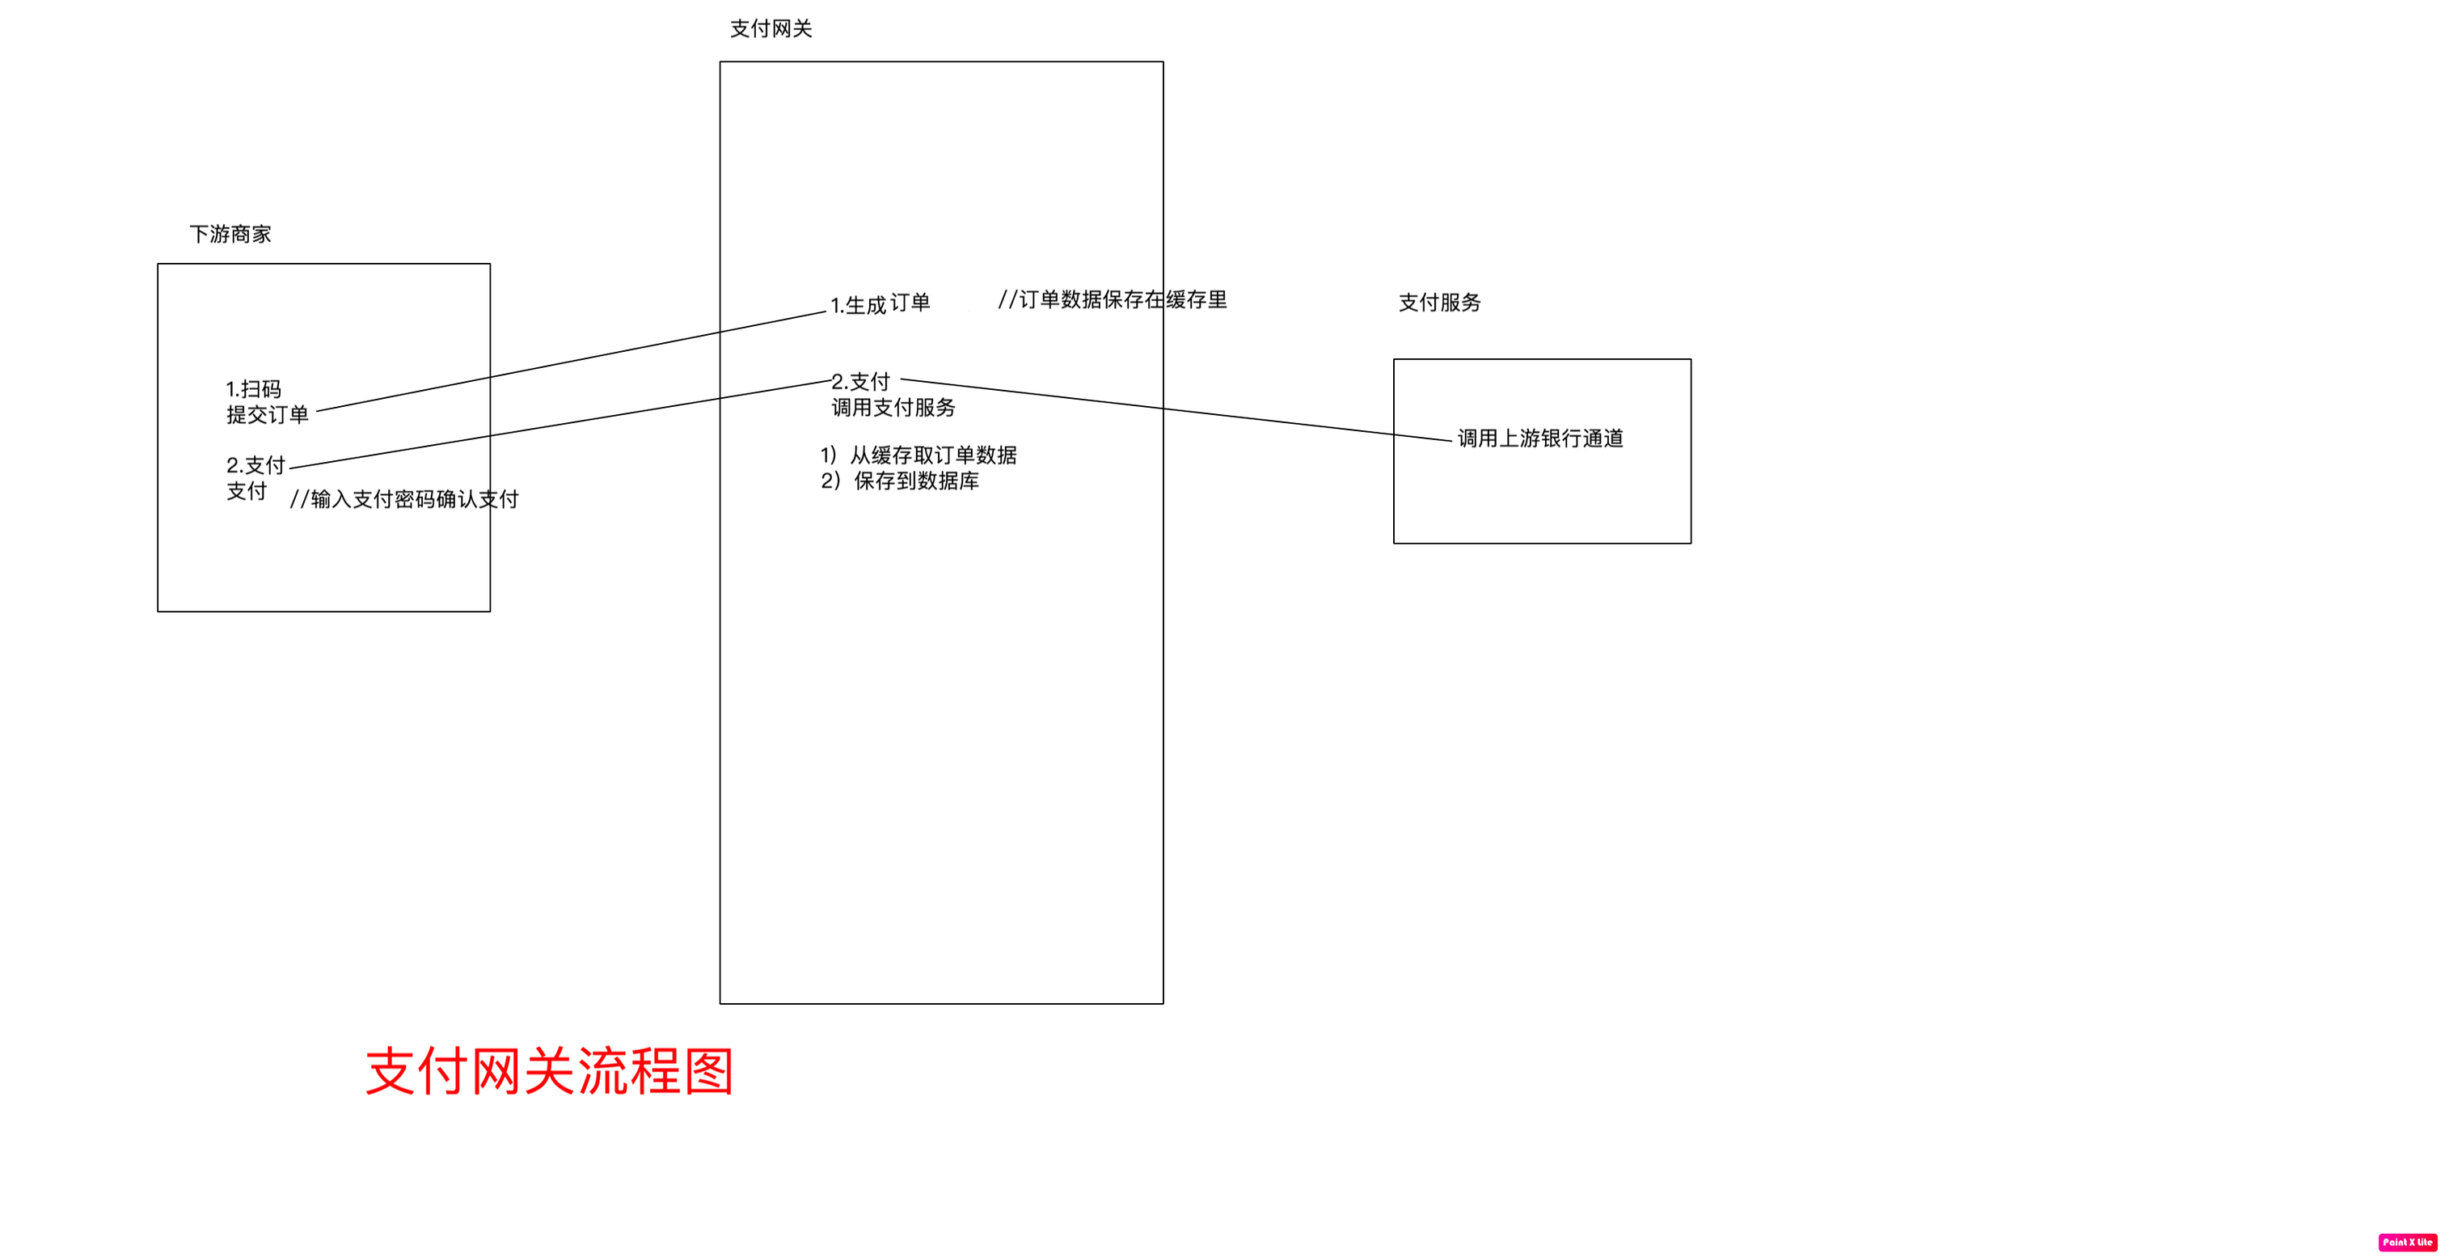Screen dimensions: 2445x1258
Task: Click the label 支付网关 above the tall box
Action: pos(771,29)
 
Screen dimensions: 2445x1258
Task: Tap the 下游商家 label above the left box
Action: pos(230,235)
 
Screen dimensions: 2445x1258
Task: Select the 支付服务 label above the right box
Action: pos(1439,303)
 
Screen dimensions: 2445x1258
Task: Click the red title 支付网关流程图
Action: pos(550,1072)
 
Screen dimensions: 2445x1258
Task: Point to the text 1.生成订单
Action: pos(880,305)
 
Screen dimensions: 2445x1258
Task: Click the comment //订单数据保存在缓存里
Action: pos(1113,300)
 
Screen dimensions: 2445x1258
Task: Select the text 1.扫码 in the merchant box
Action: pos(253,389)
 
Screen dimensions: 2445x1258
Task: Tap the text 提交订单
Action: pos(267,415)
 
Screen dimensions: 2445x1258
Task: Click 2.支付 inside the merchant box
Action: pos(255,465)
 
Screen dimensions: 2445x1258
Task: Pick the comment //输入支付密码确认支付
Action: pos(404,499)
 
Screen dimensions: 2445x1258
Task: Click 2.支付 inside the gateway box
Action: pos(861,382)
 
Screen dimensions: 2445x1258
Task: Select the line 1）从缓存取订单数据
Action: pos(918,455)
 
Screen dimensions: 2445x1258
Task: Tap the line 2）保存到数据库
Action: pos(900,481)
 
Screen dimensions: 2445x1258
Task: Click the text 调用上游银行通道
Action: pos(1540,438)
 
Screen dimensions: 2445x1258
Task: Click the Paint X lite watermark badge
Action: pos(2408,1242)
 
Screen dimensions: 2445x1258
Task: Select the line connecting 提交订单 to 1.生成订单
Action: pos(569,362)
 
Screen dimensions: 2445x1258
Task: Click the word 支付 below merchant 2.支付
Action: pos(246,492)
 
